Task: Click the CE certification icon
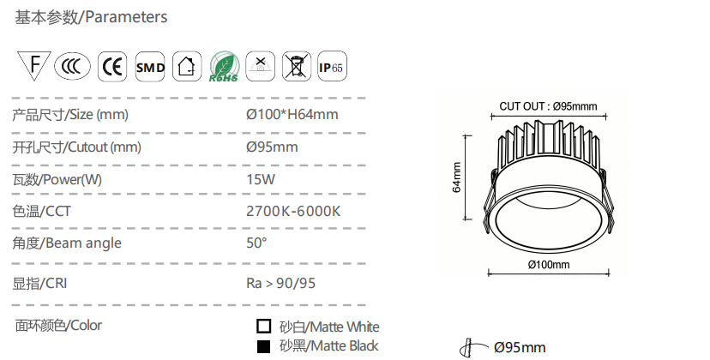pyautogui.click(x=112, y=67)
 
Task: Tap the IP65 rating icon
pyautogui.click(x=332, y=67)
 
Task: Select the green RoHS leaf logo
pyautogui.click(x=224, y=67)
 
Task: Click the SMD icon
pyautogui.click(x=150, y=67)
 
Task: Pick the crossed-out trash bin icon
pyautogui.click(x=297, y=67)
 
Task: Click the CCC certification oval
pyautogui.click(x=72, y=67)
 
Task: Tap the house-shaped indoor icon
pyautogui.click(x=187, y=67)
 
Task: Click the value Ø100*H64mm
pyautogui.click(x=292, y=114)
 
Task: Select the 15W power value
pyautogui.click(x=261, y=179)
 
